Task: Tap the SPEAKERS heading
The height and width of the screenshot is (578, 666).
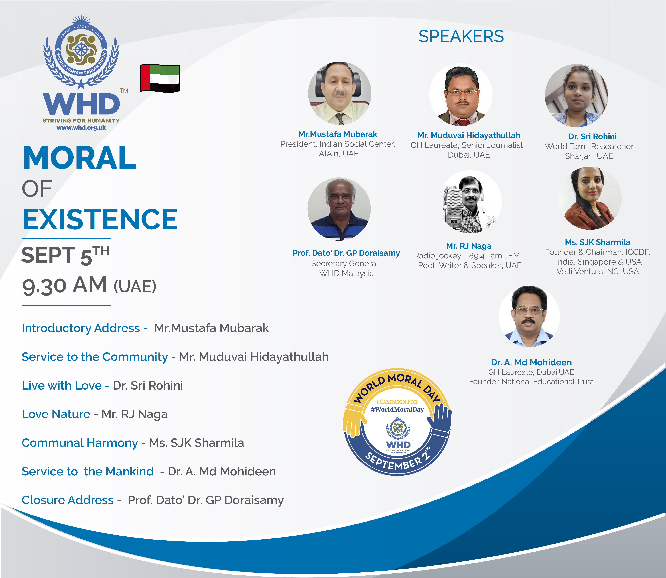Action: pos(461,36)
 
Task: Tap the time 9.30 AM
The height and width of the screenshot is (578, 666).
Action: pos(64,285)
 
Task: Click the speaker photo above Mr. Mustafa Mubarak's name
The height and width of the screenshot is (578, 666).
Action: pos(340,93)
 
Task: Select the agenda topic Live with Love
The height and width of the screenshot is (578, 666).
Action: pos(62,385)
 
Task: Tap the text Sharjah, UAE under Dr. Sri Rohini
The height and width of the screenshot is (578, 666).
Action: pos(589,156)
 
